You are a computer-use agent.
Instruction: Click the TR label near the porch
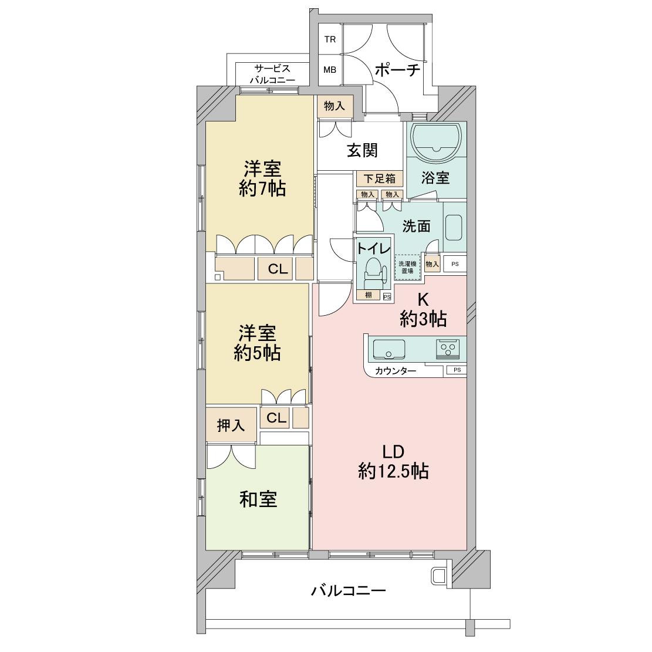coord(330,39)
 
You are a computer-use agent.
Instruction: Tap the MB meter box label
coord(330,70)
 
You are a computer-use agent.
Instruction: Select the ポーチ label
coord(397,70)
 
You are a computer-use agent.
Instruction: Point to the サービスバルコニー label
coord(272,74)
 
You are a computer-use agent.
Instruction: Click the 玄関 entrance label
coord(363,150)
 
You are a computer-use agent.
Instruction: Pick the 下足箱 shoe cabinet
coord(380,179)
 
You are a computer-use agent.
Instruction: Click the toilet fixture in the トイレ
coord(373,273)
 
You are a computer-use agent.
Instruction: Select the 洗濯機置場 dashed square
coord(407,267)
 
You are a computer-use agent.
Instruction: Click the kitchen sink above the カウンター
coord(389,349)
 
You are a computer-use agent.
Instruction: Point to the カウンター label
coord(396,371)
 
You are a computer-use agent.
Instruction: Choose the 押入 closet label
coord(231,425)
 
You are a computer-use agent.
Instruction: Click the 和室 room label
coord(258,499)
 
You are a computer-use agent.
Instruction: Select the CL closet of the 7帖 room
coord(278,269)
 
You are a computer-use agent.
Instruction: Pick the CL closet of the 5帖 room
coord(276,417)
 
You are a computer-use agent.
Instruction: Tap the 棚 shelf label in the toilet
coord(368,295)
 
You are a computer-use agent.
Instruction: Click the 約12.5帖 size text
coord(393,471)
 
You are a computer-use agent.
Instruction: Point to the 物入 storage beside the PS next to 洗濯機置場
coord(433,264)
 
